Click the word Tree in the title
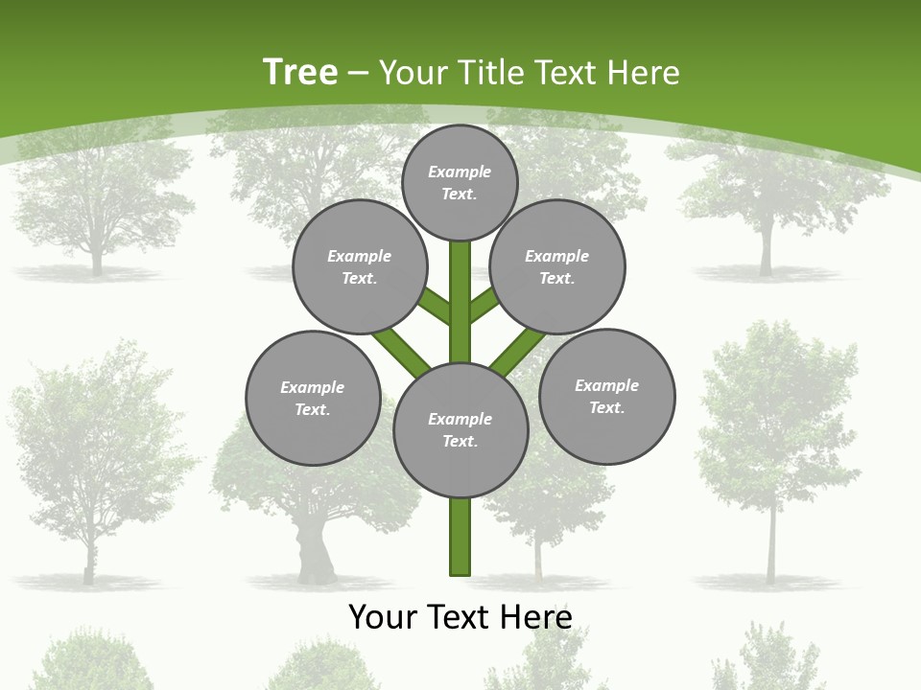(x=300, y=72)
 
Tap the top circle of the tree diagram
(x=460, y=182)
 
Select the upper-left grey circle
(x=360, y=266)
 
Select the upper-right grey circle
(x=557, y=266)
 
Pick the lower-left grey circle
(x=313, y=398)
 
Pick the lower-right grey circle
(x=606, y=396)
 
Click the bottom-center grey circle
(x=460, y=429)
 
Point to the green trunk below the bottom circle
(x=460, y=537)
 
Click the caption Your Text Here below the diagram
(x=460, y=616)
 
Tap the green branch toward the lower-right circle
(x=515, y=352)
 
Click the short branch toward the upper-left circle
(x=435, y=306)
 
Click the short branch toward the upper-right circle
(x=484, y=306)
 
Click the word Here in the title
(x=647, y=73)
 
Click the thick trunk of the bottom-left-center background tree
(x=314, y=551)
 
